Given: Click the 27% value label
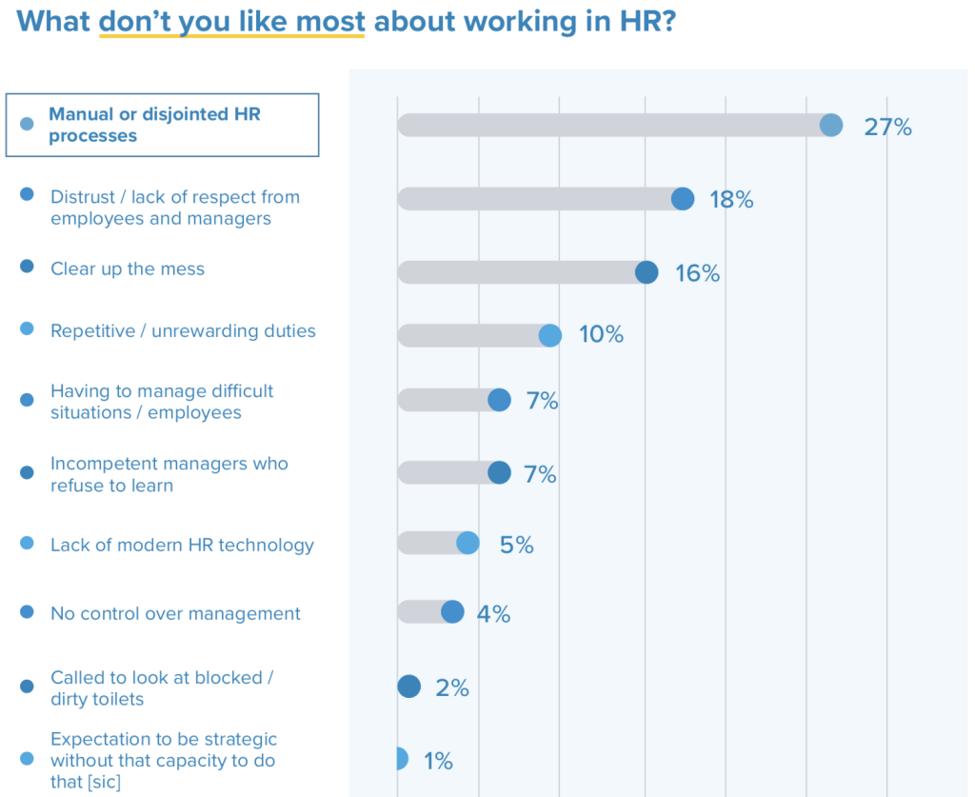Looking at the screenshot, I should (887, 127).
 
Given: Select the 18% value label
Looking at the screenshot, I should (731, 200).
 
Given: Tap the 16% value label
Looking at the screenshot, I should (697, 273).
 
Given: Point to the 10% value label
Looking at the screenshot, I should (601, 335).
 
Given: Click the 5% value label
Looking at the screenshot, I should (516, 545).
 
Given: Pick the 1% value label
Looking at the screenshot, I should (438, 761).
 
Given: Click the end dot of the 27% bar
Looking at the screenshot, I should (831, 126).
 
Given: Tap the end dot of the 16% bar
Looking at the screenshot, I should (647, 272).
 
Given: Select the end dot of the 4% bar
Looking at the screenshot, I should (452, 612).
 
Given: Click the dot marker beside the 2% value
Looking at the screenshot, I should (408, 687).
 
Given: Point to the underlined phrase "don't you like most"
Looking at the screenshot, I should (231, 21).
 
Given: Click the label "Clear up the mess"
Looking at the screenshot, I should (128, 269).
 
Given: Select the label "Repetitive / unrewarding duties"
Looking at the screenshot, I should (183, 331).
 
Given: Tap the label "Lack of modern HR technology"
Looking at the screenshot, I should (182, 545).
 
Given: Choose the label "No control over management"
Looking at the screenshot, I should (175, 613).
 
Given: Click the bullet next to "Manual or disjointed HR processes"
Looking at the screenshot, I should (28, 124).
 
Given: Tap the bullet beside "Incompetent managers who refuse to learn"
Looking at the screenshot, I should (27, 473).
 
